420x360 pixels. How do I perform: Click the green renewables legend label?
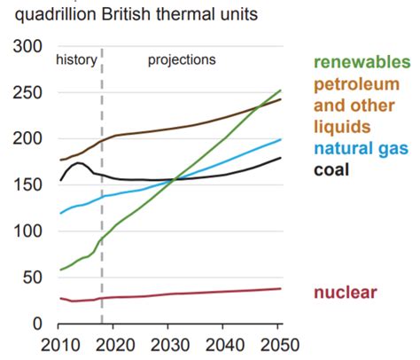pyautogui.click(x=362, y=62)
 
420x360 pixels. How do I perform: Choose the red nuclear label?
pyautogui.click(x=346, y=292)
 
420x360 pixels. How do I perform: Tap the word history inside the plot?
pyautogui.click(x=76, y=60)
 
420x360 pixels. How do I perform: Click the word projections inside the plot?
pyautogui.click(x=182, y=60)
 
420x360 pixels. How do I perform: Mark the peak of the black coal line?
pyautogui.click(x=80, y=163)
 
